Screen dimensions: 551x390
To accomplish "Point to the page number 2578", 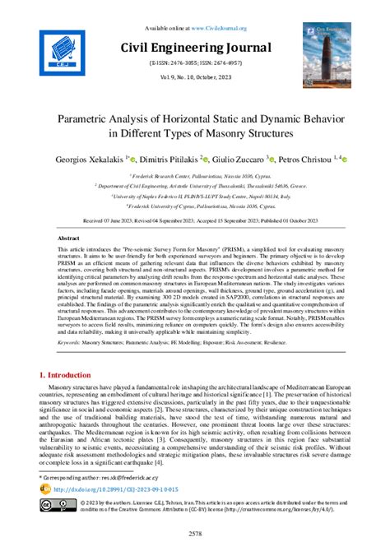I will click(x=194, y=534).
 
